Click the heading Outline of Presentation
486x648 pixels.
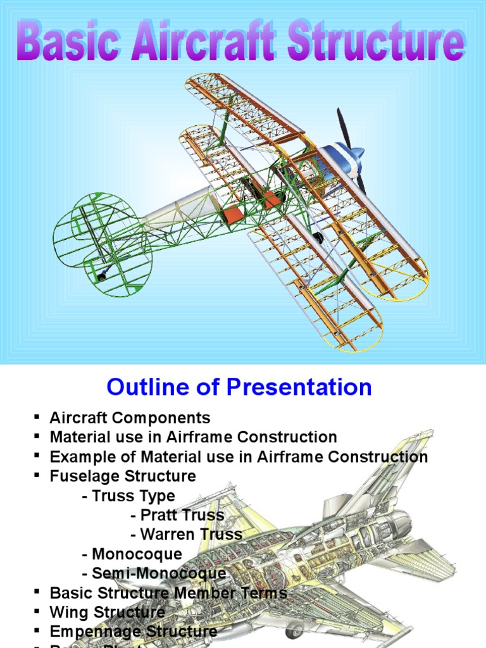pyautogui.click(x=239, y=387)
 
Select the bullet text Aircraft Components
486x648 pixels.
pyautogui.click(x=130, y=418)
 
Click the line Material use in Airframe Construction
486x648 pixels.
pyautogui.click(x=193, y=437)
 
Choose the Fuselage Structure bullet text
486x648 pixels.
pyautogui.click(x=123, y=476)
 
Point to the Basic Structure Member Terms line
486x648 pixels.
pyautogui.click(x=168, y=593)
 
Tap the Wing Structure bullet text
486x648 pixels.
pyautogui.click(x=107, y=612)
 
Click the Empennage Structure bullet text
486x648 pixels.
pyautogui.click(x=133, y=632)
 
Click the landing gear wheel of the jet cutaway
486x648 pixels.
pyautogui.click(x=294, y=630)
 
